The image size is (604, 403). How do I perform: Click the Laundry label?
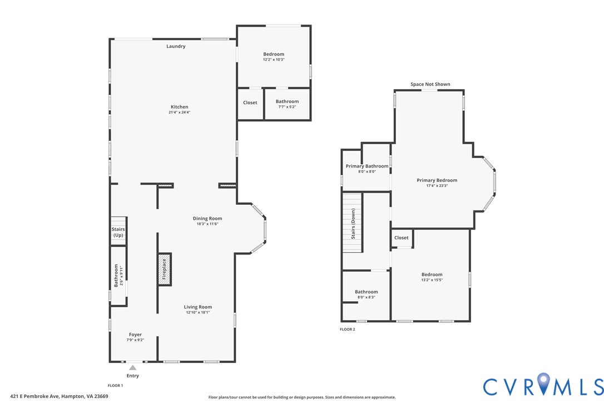coord(176,46)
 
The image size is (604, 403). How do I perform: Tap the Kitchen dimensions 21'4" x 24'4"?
coord(179,112)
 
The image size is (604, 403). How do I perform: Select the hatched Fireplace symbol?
coord(164,270)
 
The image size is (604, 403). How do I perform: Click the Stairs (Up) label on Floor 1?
coord(118,232)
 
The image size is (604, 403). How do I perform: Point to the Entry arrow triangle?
coord(132,367)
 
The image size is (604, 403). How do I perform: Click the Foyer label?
coord(135,335)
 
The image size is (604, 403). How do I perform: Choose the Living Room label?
coord(198,307)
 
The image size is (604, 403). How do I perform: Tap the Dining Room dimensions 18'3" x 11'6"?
coord(207,224)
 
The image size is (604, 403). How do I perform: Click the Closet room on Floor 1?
coord(250,103)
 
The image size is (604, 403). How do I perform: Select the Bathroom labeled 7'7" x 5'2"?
coord(287,103)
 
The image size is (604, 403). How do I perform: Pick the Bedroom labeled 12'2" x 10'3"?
coord(274,56)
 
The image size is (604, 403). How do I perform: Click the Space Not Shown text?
coord(430,85)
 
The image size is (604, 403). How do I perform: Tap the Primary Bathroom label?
coord(367,166)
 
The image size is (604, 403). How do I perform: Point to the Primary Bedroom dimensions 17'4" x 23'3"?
coord(437,185)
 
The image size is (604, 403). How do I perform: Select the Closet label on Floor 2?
coord(401,238)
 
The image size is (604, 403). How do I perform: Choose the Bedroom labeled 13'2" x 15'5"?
coord(432,277)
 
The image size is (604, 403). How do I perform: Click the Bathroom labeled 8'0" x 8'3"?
coord(366,294)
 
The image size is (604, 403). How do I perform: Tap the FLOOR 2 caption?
coord(347,330)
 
